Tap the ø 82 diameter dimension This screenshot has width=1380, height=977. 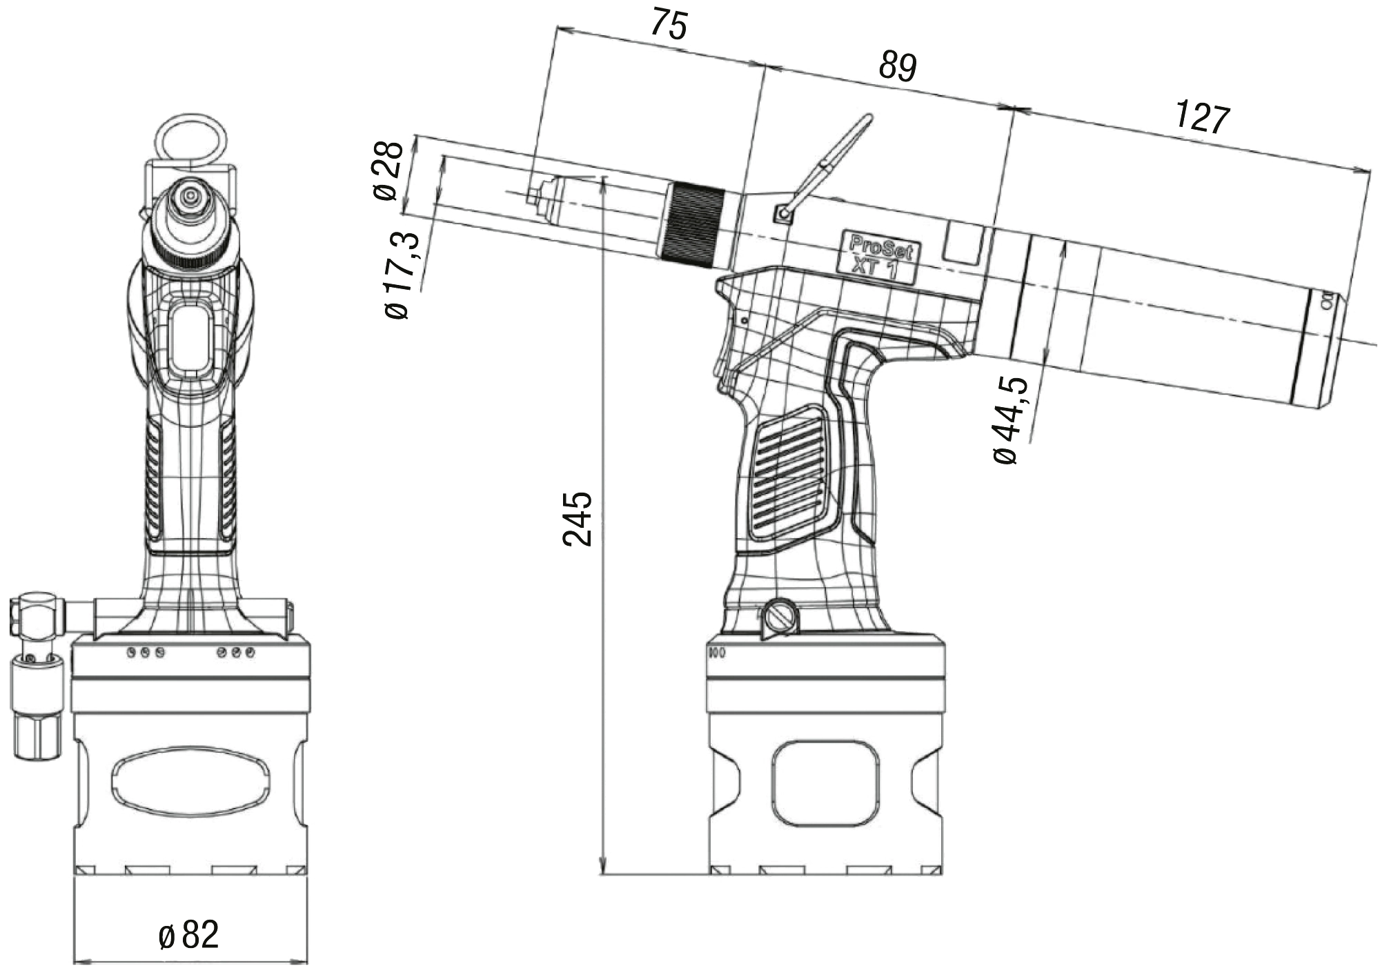point(189,935)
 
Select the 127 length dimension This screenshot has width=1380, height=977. point(1202,118)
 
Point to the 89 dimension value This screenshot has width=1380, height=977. point(897,68)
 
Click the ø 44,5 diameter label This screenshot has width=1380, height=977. point(1010,421)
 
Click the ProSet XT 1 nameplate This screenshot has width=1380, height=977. point(876,256)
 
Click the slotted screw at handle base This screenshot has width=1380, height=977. point(779,616)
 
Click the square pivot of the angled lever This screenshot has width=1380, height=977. point(782,215)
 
